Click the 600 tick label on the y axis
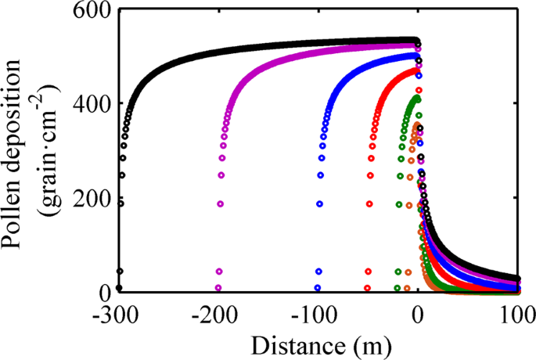(x=94, y=11)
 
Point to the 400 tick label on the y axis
(x=94, y=104)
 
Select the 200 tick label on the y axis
(x=94, y=198)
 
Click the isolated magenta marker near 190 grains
(x=220, y=203)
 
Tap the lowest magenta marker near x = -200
(x=219, y=287)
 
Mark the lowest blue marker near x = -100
(x=318, y=288)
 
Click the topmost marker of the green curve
(x=417, y=99)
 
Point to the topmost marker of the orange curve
(x=416, y=124)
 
